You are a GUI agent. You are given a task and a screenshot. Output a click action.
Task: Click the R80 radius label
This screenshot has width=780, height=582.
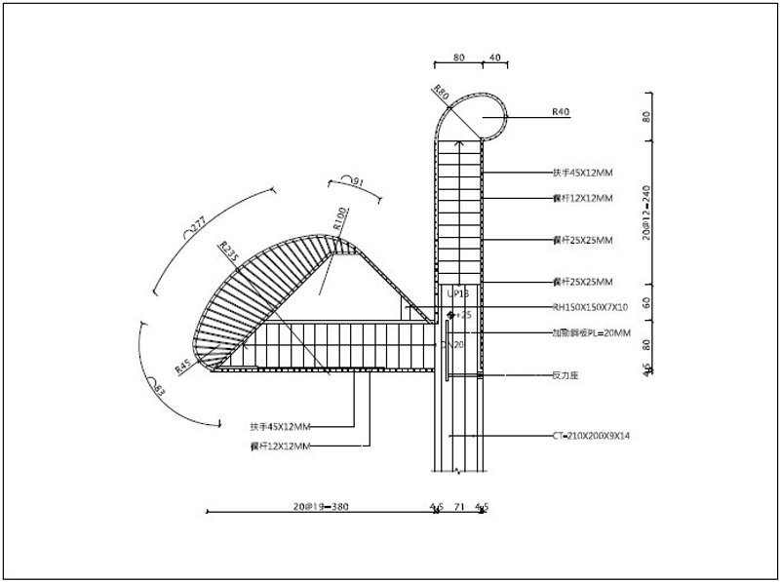441,95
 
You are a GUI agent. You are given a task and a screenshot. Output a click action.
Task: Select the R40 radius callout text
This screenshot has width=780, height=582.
561,112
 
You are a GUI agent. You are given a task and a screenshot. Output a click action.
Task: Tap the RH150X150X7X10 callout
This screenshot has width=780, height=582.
591,306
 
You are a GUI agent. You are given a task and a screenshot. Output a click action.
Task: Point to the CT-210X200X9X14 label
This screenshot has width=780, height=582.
590,435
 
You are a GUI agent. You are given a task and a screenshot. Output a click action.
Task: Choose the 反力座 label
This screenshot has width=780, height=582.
566,373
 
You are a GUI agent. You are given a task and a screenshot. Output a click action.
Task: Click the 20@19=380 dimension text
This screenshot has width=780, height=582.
321,507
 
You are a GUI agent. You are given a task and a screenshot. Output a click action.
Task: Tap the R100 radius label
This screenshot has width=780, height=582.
339,216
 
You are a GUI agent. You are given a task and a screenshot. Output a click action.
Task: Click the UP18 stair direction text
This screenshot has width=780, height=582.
457,292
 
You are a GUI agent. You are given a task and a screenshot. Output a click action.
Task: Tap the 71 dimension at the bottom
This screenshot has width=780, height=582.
458,507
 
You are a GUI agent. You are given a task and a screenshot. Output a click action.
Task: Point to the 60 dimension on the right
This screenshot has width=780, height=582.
646,302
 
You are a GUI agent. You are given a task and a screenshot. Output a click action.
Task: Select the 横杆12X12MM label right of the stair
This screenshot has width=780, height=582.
582,198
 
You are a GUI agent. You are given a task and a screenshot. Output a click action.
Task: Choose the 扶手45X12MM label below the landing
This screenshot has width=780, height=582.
280,425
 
